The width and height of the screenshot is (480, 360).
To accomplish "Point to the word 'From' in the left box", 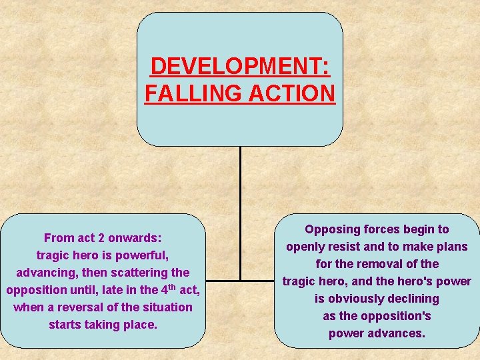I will click(58, 238).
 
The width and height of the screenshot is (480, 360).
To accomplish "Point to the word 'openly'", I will click(305, 247).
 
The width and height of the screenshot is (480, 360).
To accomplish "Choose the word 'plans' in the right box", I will click(451, 247).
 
